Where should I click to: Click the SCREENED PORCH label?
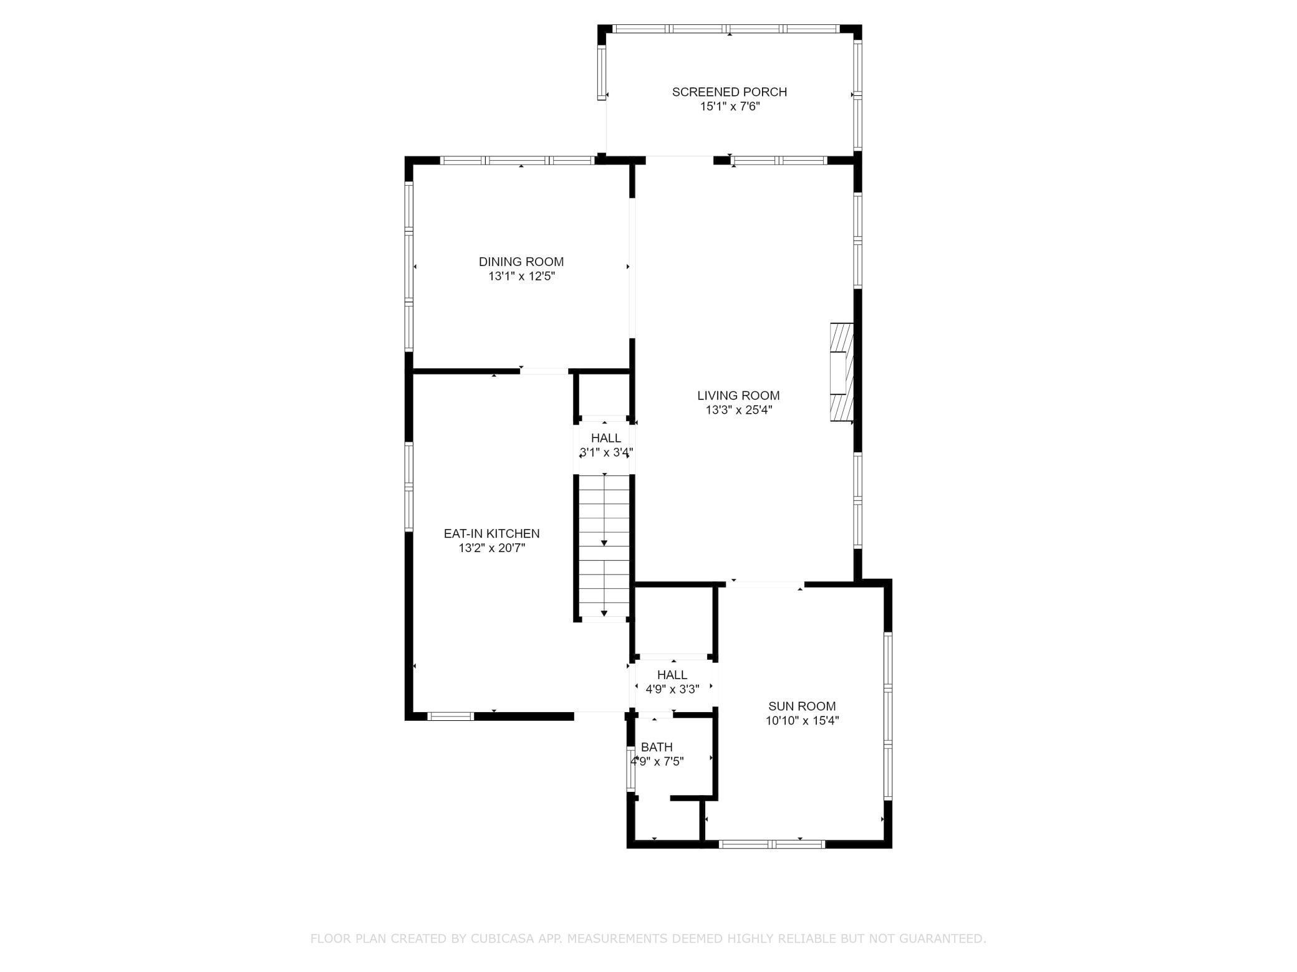(729, 92)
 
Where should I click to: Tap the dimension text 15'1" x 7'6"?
(729, 107)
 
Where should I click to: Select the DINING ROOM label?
(521, 262)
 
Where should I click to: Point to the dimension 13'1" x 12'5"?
(521, 277)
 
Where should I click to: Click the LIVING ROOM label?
(738, 395)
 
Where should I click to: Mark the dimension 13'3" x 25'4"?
(738, 410)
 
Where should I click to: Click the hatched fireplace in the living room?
(841, 372)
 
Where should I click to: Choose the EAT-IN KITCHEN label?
(491, 533)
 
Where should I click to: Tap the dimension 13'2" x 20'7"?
(491, 548)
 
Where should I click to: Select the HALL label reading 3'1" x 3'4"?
(605, 438)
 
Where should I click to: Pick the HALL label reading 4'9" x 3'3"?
(672, 675)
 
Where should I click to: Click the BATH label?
(657, 747)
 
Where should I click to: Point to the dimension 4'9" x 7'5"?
(657, 761)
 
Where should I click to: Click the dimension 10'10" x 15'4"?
(802, 721)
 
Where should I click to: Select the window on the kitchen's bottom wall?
(451, 716)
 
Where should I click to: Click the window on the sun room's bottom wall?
(772, 844)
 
